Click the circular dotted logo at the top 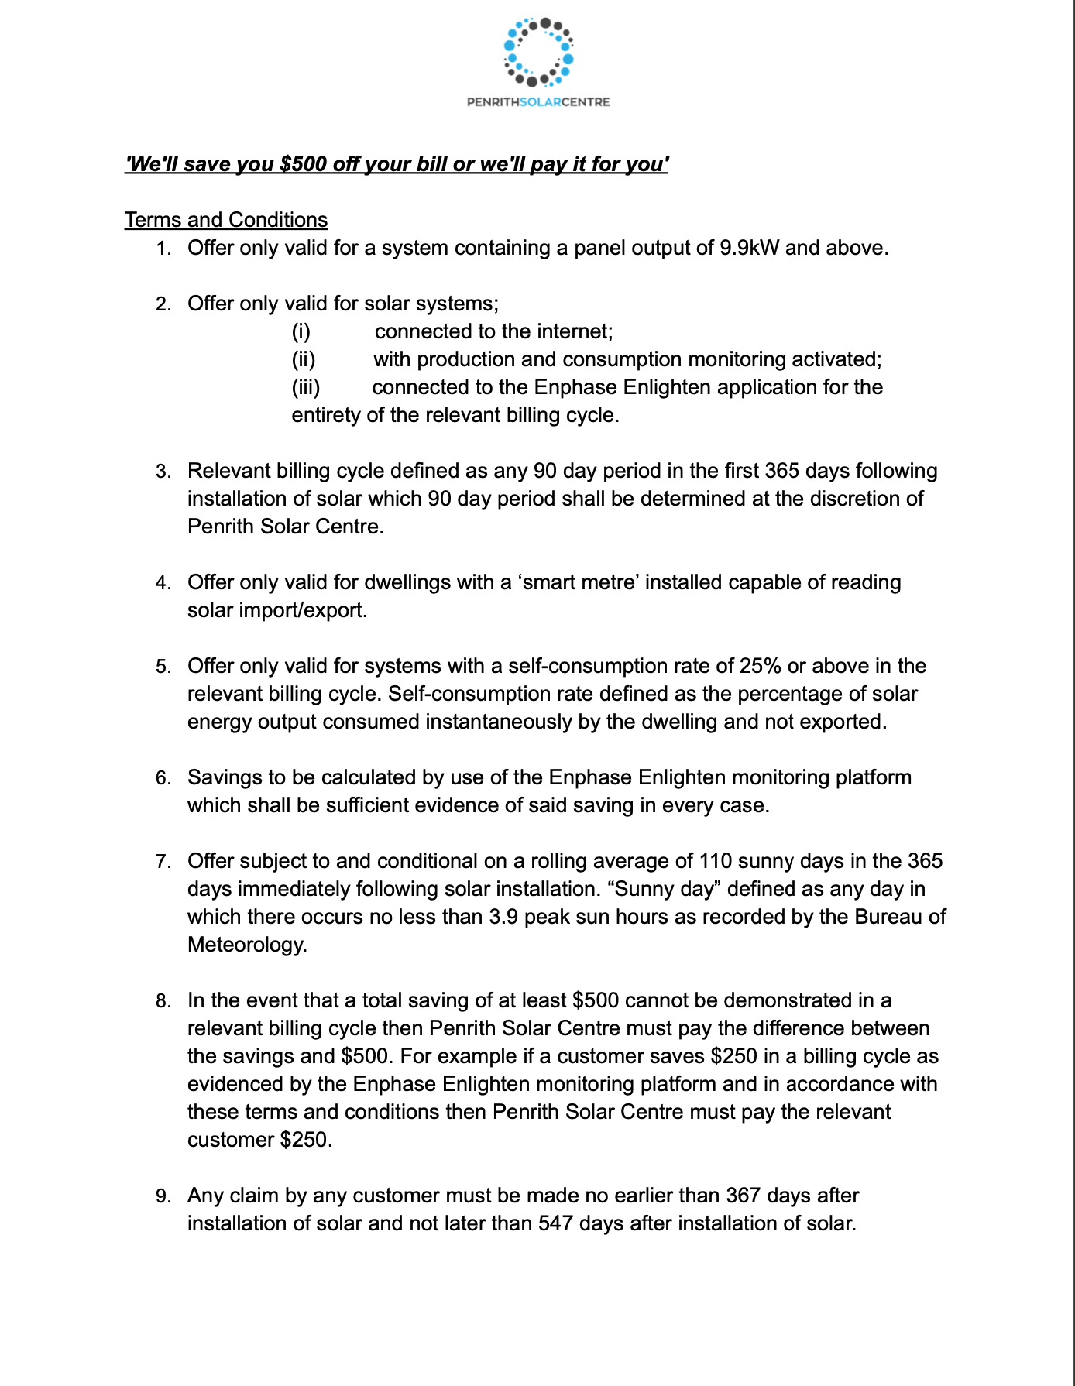pyautogui.click(x=538, y=52)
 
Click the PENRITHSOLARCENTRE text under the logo pyautogui.click(x=538, y=102)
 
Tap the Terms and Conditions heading pyautogui.click(x=226, y=220)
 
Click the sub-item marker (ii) pyautogui.click(x=303, y=359)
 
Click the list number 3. pyautogui.click(x=163, y=472)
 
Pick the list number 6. pyautogui.click(x=163, y=778)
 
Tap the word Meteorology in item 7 pyautogui.click(x=247, y=945)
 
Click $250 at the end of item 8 pyautogui.click(x=306, y=1140)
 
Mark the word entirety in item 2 pyautogui.click(x=325, y=415)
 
